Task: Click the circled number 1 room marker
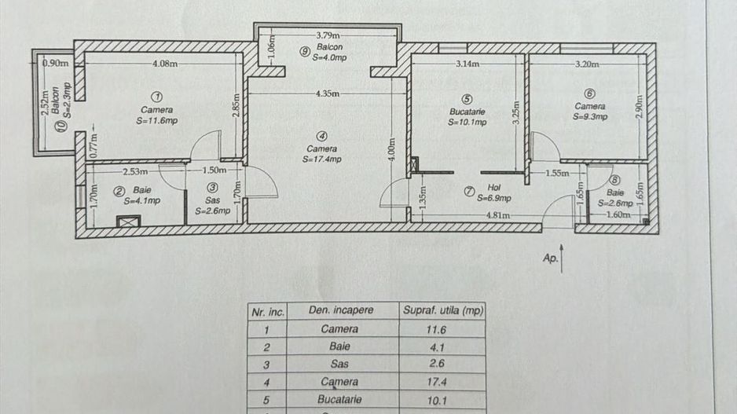point(158,96)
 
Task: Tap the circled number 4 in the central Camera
point(322,134)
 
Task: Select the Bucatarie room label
point(467,111)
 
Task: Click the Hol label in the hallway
point(493,188)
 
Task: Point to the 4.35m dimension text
point(327,93)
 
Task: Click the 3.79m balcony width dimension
point(327,35)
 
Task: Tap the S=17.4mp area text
point(322,159)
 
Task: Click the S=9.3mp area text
point(590,117)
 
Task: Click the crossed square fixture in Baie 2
point(126,220)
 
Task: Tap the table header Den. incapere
point(340,310)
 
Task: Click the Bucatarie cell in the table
point(340,400)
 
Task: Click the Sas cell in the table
point(340,364)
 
